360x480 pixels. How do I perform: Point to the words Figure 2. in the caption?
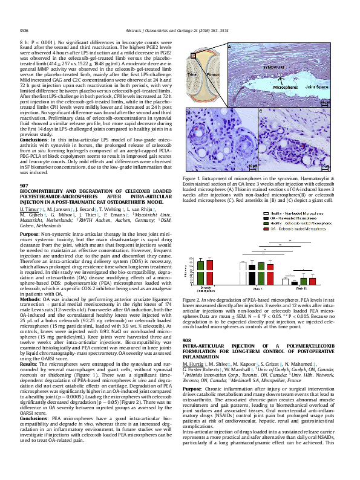[191, 300]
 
